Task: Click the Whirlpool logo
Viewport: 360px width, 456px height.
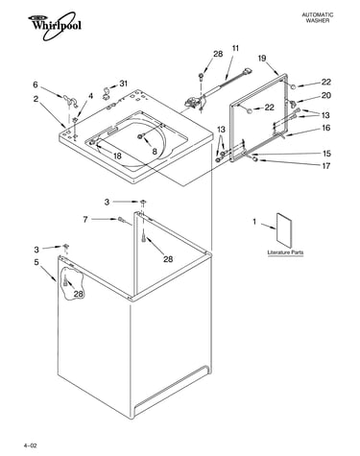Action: [x=55, y=26]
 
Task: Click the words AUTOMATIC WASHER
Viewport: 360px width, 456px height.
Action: [x=318, y=17]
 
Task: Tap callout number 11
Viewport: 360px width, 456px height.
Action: [x=235, y=49]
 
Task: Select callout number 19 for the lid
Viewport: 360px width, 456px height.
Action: [x=262, y=59]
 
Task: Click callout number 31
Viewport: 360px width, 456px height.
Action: [x=124, y=84]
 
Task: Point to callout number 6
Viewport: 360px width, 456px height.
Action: [x=36, y=84]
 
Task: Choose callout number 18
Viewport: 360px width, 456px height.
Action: [x=117, y=156]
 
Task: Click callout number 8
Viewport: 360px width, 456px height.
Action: [x=155, y=152]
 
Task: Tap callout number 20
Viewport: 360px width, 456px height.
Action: [x=326, y=95]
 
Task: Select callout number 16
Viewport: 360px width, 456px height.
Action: [x=325, y=128]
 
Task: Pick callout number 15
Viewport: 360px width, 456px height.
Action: [x=326, y=154]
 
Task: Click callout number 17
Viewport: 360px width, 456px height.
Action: [x=326, y=166]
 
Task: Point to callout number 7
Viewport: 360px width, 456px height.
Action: [x=85, y=220]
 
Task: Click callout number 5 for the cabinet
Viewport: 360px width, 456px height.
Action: [x=36, y=262]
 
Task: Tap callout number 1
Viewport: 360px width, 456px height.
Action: [x=254, y=222]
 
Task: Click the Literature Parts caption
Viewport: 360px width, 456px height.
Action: [x=285, y=252]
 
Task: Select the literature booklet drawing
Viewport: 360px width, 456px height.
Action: [x=284, y=230]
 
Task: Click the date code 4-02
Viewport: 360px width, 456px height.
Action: [x=30, y=445]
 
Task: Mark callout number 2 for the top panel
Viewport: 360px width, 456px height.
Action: [x=36, y=99]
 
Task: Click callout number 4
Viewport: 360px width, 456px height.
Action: [x=90, y=96]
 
